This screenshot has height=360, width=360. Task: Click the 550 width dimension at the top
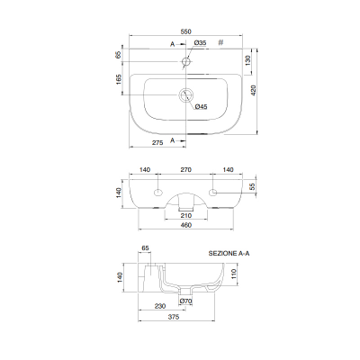[186, 31]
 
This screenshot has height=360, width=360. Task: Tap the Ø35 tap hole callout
[200, 43]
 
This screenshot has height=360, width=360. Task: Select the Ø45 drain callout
[201, 106]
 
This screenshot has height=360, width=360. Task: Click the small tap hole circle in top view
[186, 61]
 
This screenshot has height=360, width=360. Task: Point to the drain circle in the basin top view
[186, 95]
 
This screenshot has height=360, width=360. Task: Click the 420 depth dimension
[254, 91]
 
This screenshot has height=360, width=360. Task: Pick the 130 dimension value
[247, 61]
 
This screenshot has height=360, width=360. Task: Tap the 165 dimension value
[119, 79]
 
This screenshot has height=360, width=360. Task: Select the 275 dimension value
[157, 143]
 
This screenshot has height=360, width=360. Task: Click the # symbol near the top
[220, 42]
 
